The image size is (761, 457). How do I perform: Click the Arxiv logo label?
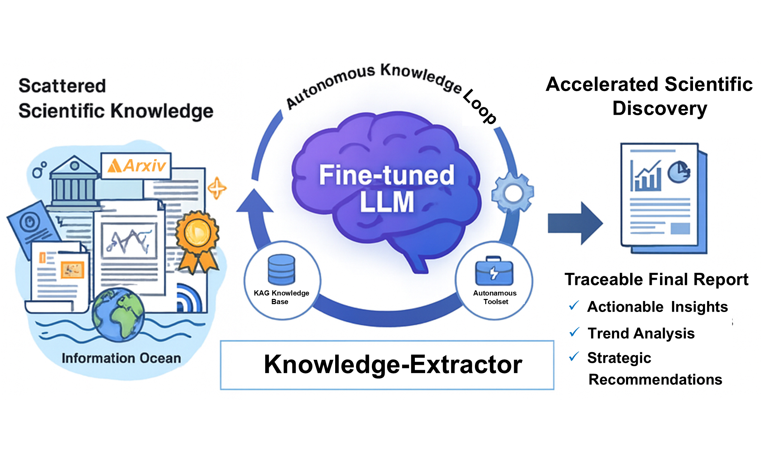pyautogui.click(x=136, y=166)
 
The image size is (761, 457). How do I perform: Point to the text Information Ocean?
pyautogui.click(x=121, y=358)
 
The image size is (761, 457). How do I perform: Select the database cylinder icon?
pyautogui.click(x=281, y=270)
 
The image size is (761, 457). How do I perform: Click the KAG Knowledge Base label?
pyautogui.click(x=281, y=297)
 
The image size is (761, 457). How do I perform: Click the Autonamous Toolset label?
pyautogui.click(x=495, y=297)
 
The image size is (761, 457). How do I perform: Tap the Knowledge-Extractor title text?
pyautogui.click(x=393, y=364)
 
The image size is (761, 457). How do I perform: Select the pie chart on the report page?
pyautogui.click(x=679, y=172)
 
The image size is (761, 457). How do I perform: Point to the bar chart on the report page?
pyautogui.click(x=646, y=177)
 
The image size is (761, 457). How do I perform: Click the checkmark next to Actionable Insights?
pyautogui.click(x=574, y=305)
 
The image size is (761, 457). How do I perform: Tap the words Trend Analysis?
pyautogui.click(x=641, y=333)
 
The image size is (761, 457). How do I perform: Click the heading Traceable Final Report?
pyautogui.click(x=656, y=279)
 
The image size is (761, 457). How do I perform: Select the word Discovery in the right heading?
pyautogui.click(x=660, y=109)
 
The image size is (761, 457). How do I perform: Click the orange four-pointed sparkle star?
pyautogui.click(x=217, y=188)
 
